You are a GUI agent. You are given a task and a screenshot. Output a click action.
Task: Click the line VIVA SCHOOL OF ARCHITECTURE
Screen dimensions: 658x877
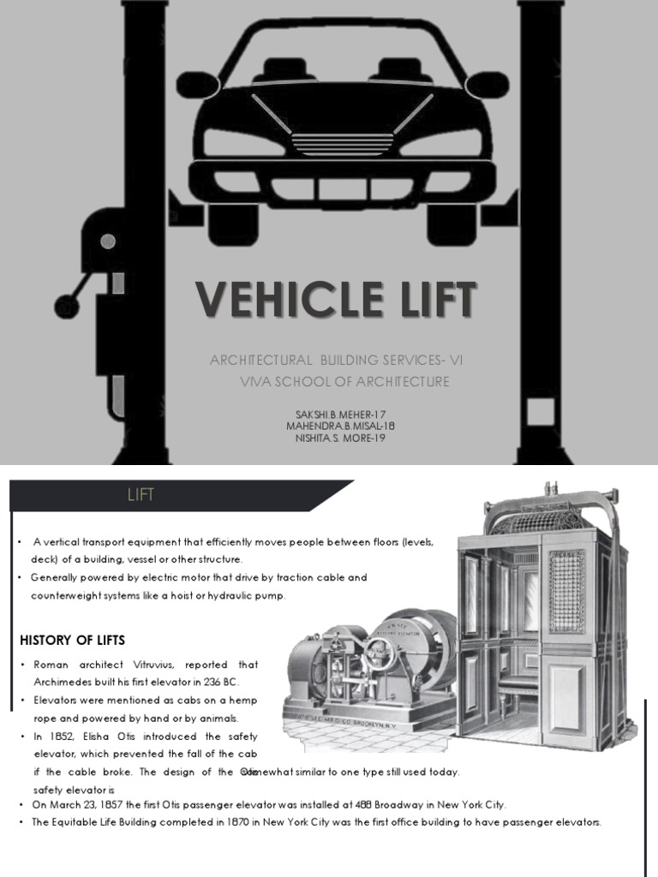pos(344,382)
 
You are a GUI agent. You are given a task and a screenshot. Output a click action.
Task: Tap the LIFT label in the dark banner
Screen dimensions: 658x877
pos(141,496)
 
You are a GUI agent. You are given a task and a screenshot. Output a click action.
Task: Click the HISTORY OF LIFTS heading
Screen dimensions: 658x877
pos(72,640)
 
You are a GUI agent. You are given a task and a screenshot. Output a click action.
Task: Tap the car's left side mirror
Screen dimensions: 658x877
pos(196,84)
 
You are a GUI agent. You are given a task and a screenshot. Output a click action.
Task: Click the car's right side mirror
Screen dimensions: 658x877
pos(487,84)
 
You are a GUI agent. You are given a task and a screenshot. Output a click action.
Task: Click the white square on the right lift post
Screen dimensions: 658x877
pos(540,413)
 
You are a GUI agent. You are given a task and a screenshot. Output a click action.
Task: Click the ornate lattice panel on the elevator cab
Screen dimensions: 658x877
pos(566,590)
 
